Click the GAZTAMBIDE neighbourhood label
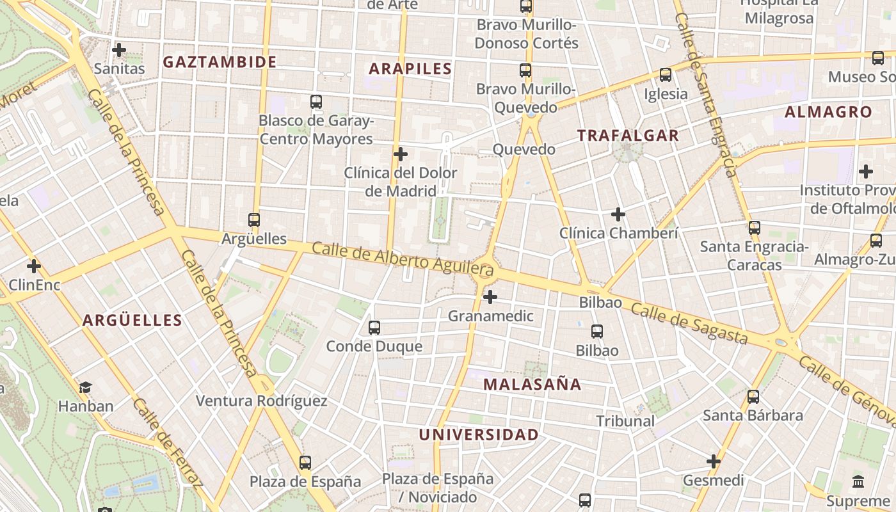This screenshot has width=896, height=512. pyautogui.click(x=220, y=62)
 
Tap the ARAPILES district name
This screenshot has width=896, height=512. pyautogui.click(x=410, y=68)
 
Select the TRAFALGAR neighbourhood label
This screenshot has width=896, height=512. pyautogui.click(x=628, y=135)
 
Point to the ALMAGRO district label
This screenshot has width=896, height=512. pyautogui.click(x=828, y=112)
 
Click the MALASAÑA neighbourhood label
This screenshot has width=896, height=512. pyautogui.click(x=532, y=384)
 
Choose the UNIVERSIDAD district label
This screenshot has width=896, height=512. pyautogui.click(x=479, y=435)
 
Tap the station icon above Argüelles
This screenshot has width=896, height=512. pyautogui.click(x=254, y=220)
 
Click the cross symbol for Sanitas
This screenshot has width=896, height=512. pyautogui.click(x=118, y=49)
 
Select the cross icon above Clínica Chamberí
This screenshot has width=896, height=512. pyautogui.click(x=618, y=214)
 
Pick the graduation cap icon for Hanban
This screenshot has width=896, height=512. pyautogui.click(x=85, y=387)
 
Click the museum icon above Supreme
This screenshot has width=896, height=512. pyautogui.click(x=858, y=481)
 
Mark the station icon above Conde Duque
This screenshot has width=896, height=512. pyautogui.click(x=374, y=328)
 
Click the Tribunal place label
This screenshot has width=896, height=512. pyautogui.click(x=625, y=421)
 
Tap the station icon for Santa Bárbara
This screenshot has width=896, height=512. pyautogui.click(x=753, y=397)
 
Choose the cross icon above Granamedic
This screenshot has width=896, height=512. pyautogui.click(x=490, y=297)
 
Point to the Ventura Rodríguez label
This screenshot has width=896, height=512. pyautogui.click(x=261, y=401)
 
